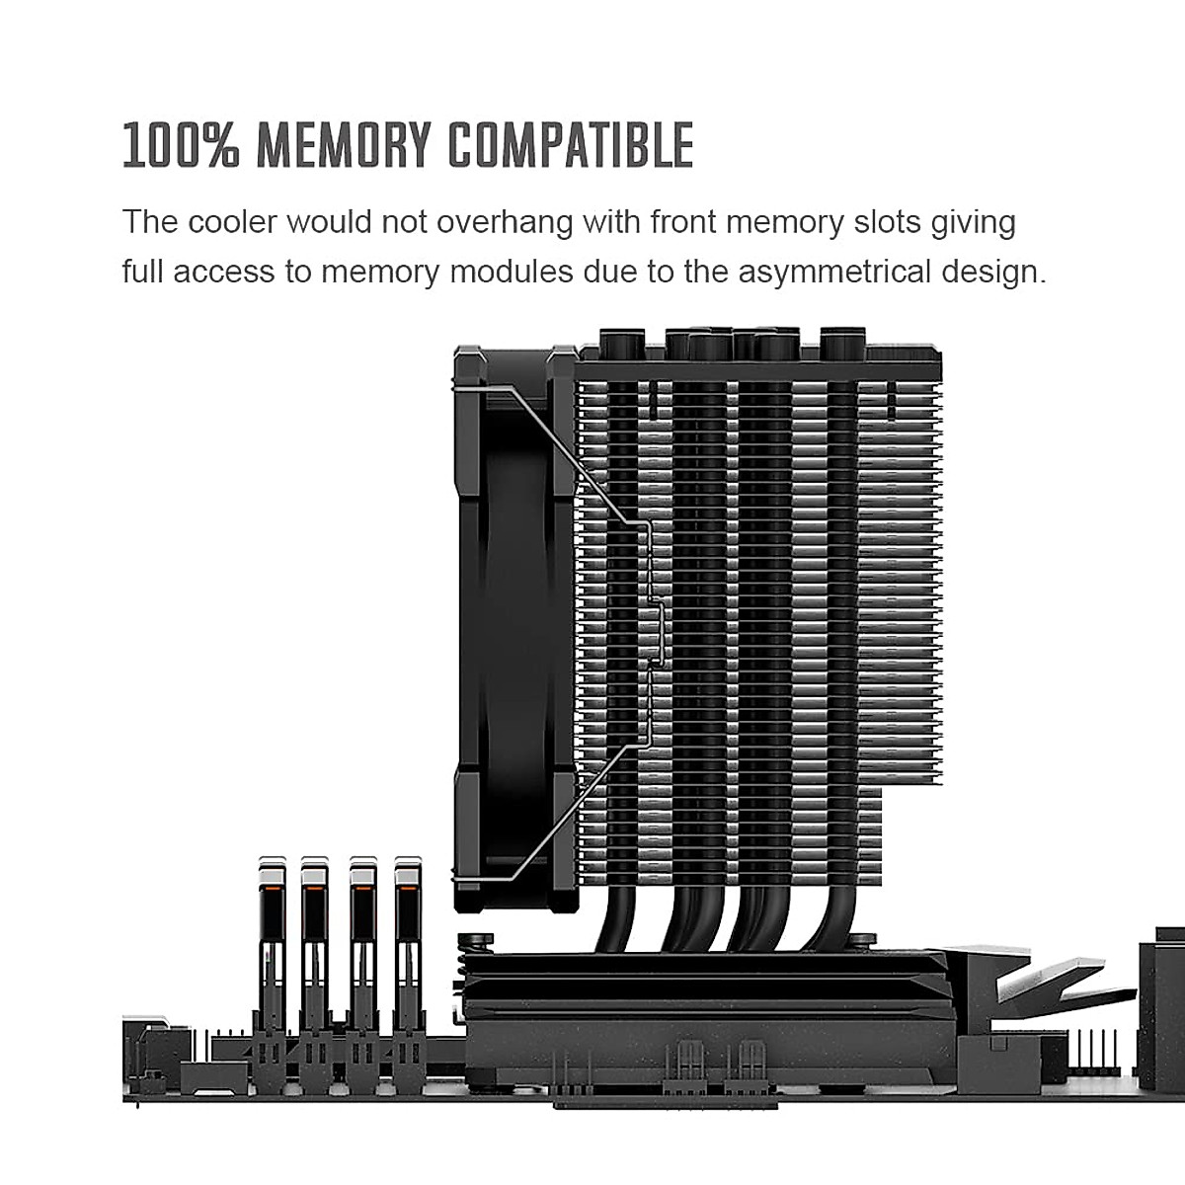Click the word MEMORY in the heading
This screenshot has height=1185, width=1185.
point(339,145)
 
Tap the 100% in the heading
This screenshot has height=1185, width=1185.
point(181,145)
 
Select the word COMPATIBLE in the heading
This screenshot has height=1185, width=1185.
point(571,145)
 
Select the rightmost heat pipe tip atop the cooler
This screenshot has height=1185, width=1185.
point(839,342)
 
